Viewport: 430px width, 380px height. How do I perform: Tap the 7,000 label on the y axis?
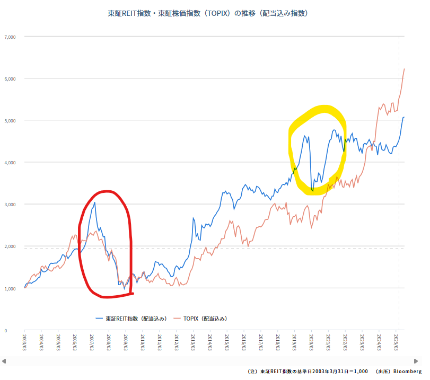pyautogui.click(x=10, y=37)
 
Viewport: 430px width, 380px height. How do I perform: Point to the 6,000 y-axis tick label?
pyautogui.click(x=10, y=78)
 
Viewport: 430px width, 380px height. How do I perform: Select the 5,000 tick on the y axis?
pyautogui.click(x=10, y=120)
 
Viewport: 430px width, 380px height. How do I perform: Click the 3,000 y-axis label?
pyautogui.click(x=10, y=205)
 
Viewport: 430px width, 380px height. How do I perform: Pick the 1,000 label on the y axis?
pyautogui.click(x=10, y=288)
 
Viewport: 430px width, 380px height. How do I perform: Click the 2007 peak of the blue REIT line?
pyautogui.click(x=94, y=202)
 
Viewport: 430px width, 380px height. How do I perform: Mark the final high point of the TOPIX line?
pyautogui.click(x=405, y=68)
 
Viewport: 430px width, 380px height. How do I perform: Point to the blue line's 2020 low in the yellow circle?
pyautogui.click(x=313, y=190)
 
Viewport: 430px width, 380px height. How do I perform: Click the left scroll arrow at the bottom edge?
pyautogui.click(x=4, y=361)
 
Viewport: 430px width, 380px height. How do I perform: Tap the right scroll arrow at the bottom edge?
pyautogui.click(x=426, y=361)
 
